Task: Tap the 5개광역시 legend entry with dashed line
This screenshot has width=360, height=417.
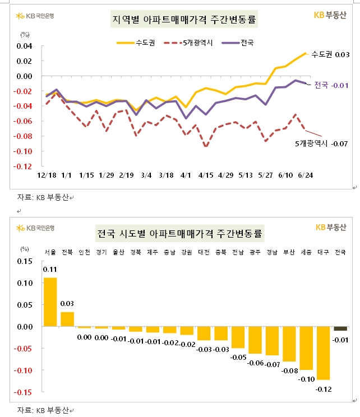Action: pos(190,42)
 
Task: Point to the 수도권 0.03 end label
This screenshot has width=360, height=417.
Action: pos(330,54)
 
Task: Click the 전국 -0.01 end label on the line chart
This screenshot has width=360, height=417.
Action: pos(331,85)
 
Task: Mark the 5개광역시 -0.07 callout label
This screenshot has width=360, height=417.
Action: pos(322,144)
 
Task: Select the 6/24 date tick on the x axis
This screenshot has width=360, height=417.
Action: pos(305,175)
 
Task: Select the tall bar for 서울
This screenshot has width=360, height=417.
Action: pos(50,302)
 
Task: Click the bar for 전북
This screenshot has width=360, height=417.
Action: pos(67,319)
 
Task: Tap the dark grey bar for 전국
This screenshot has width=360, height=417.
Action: pos(340,328)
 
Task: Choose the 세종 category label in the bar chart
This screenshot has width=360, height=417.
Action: pos(306,252)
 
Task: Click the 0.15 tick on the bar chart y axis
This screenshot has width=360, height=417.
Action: pos(26,261)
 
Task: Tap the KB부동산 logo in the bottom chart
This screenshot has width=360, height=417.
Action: pos(331,227)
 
